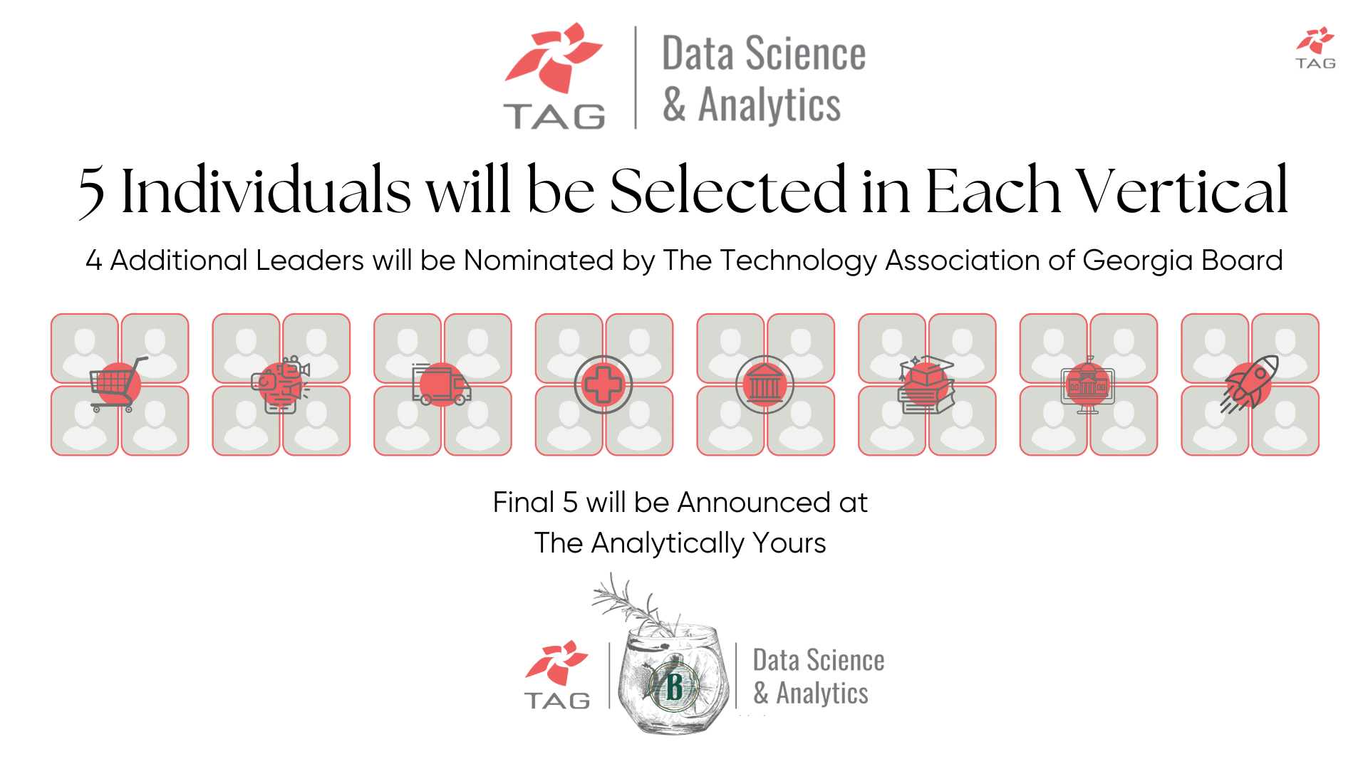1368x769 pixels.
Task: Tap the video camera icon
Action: tap(281, 384)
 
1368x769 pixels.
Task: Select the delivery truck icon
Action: tap(441, 384)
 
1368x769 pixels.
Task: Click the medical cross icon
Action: tap(603, 384)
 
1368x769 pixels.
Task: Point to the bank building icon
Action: tap(765, 384)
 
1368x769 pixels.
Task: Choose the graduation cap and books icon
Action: tap(926, 384)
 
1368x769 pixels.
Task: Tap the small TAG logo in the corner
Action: tap(1315, 48)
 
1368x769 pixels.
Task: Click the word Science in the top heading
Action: tap(805, 54)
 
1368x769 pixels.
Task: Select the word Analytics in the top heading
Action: tap(769, 105)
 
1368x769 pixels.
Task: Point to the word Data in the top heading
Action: tap(697, 54)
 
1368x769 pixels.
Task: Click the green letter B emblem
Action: tap(673, 687)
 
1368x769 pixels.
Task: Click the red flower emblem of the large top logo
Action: tap(554, 57)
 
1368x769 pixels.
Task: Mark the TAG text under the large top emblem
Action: tap(554, 116)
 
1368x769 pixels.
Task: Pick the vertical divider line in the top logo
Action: tap(635, 78)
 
